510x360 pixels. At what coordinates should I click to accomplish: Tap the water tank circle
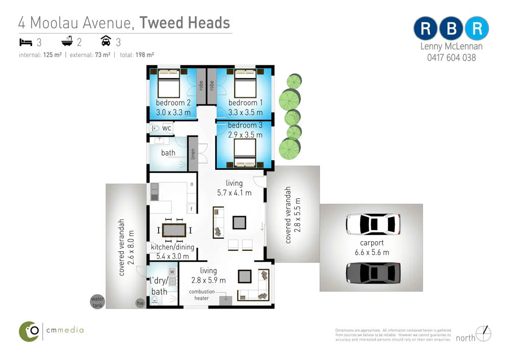(x=97, y=302)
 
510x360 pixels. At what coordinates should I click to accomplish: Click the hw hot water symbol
(x=140, y=303)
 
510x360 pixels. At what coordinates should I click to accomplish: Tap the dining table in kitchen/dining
(x=174, y=230)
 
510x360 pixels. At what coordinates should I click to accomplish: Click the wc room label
(x=167, y=128)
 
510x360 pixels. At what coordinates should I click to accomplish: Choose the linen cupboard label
(x=193, y=153)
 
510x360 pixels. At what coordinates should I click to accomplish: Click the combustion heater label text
(x=202, y=295)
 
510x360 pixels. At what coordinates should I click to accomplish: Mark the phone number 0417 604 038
(x=451, y=58)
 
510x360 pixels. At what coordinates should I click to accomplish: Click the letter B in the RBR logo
(x=451, y=29)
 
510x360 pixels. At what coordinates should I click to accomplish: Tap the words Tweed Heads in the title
(x=185, y=23)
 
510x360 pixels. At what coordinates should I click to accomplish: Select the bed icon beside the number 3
(x=26, y=42)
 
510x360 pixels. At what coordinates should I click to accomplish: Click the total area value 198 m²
(x=145, y=55)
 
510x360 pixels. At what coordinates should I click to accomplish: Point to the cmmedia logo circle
(x=30, y=331)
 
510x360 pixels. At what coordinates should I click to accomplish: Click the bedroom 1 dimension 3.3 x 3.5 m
(x=245, y=112)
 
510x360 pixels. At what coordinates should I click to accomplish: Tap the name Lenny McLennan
(x=451, y=46)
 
